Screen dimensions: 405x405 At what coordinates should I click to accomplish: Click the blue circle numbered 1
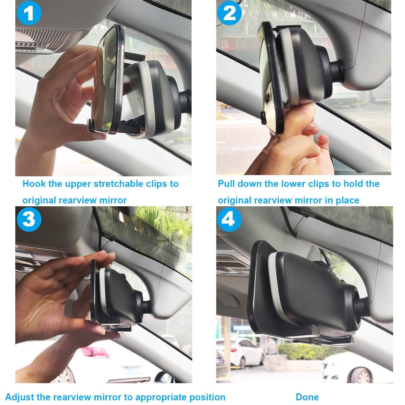[x=29, y=13]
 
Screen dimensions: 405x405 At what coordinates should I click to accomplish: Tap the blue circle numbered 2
[x=229, y=13]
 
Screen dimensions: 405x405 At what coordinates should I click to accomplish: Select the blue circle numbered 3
[x=29, y=219]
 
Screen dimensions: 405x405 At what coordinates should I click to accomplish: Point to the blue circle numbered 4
[x=229, y=219]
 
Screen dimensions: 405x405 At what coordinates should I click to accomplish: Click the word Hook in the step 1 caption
[x=34, y=184]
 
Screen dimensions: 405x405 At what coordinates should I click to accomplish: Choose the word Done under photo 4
[x=307, y=391]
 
